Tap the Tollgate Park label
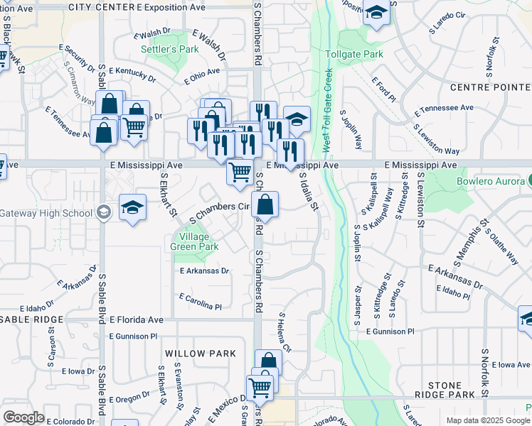click(353, 54)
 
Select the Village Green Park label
click(194, 241)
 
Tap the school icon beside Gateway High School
click(132, 208)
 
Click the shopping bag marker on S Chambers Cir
click(265, 205)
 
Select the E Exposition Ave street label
click(171, 6)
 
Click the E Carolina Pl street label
click(201, 301)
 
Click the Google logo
click(23, 417)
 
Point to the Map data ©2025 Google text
click(489, 420)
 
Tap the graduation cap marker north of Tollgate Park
click(376, 13)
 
